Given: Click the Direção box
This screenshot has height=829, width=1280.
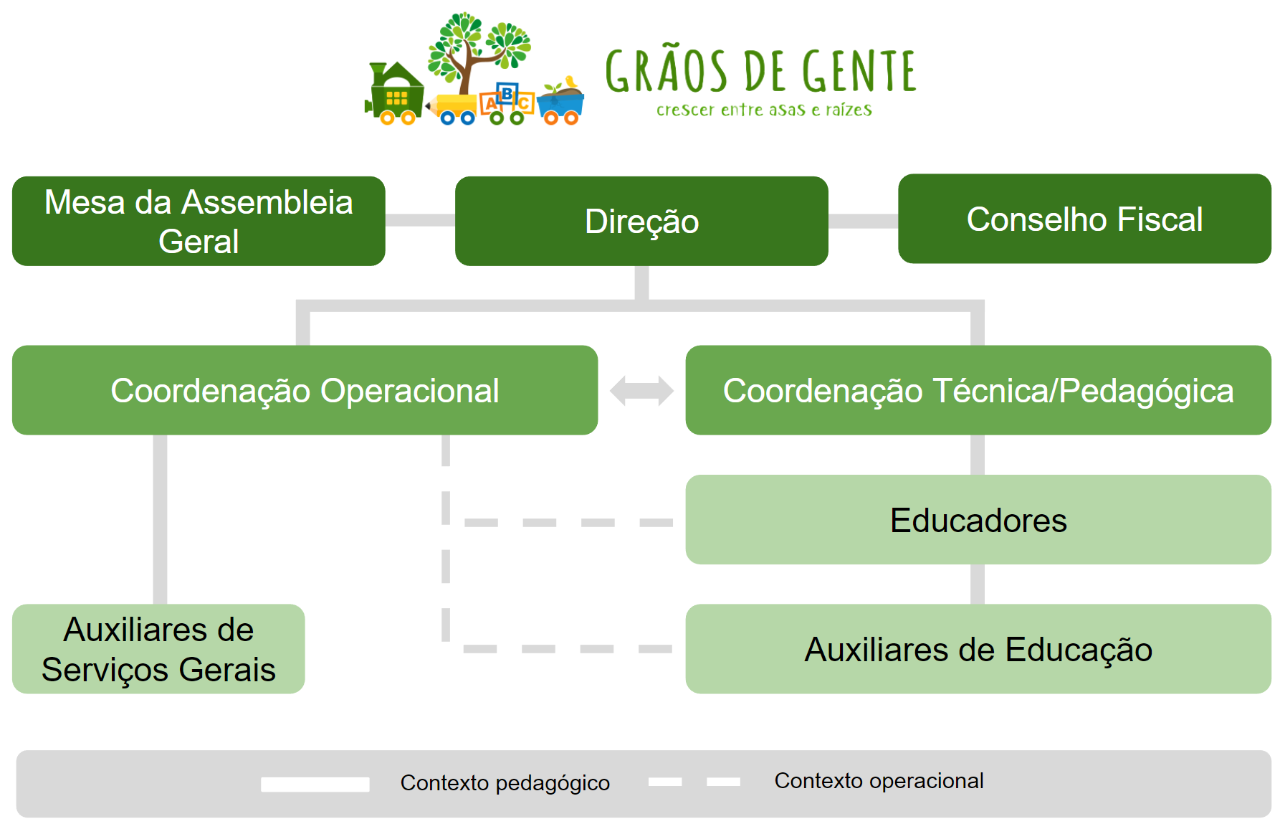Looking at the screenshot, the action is point(641,221).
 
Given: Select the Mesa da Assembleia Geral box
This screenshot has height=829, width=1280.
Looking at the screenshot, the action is point(199,221).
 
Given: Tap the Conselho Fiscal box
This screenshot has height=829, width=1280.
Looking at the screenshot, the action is point(1084,219).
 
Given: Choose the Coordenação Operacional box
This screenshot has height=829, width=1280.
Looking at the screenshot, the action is point(305,390).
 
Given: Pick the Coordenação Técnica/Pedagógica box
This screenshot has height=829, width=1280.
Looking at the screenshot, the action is point(978,390).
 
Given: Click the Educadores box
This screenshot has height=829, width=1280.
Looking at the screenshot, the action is point(978,520).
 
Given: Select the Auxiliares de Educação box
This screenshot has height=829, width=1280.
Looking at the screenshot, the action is point(978,649).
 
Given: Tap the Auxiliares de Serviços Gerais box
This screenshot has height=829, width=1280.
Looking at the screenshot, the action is point(158,649).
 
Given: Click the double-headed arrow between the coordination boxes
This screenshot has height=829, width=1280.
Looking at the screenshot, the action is point(641,391).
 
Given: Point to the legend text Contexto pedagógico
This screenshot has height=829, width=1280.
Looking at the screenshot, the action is point(505,782).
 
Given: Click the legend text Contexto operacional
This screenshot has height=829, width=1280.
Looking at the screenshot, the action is point(879,780).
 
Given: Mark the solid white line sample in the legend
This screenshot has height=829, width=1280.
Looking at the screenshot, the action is point(315,785).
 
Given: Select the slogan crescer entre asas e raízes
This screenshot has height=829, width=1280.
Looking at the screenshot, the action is point(764,110).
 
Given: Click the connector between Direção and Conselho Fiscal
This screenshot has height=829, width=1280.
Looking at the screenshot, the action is point(864,221).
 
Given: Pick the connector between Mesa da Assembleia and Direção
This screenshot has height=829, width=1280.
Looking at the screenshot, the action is point(421,220).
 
